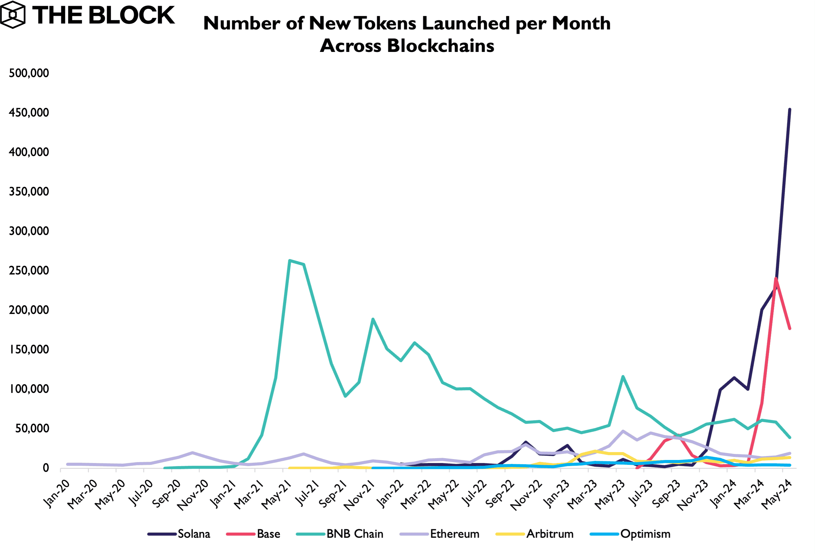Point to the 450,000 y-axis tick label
click(x=29, y=112)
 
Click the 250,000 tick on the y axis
click(x=29, y=270)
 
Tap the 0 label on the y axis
click(x=46, y=468)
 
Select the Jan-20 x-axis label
click(x=56, y=494)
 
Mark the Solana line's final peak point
click(x=790, y=109)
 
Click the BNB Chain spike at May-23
click(x=623, y=376)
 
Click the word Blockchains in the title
click(x=440, y=46)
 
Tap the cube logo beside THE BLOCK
click(x=13, y=15)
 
